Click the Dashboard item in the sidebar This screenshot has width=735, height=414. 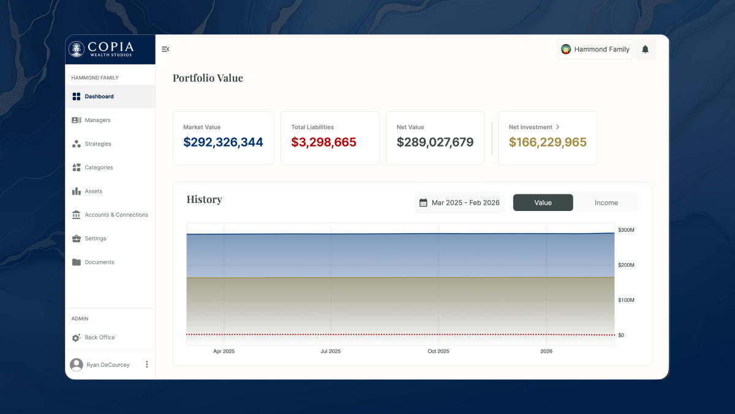(99, 96)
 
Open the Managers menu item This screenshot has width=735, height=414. (97, 120)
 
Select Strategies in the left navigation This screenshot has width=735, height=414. (97, 144)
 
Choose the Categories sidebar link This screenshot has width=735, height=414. (99, 167)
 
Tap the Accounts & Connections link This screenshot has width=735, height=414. (116, 215)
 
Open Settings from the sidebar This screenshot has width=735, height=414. (95, 239)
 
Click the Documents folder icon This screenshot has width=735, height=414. (77, 263)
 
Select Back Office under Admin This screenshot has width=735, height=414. (99, 337)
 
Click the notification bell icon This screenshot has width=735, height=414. (645, 50)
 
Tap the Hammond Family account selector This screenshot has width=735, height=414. (595, 50)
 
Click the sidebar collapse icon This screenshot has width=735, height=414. (165, 49)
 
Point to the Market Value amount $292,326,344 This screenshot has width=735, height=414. (223, 142)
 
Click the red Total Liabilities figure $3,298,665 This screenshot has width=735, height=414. (323, 142)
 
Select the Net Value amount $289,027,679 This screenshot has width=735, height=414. (435, 142)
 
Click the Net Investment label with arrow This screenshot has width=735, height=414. (534, 127)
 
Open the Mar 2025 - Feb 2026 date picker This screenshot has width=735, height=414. (459, 203)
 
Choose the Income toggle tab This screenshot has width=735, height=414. (606, 203)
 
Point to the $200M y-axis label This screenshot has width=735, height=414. (626, 265)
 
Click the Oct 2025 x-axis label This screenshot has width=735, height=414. (438, 351)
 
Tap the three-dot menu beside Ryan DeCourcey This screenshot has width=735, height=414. (146, 364)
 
